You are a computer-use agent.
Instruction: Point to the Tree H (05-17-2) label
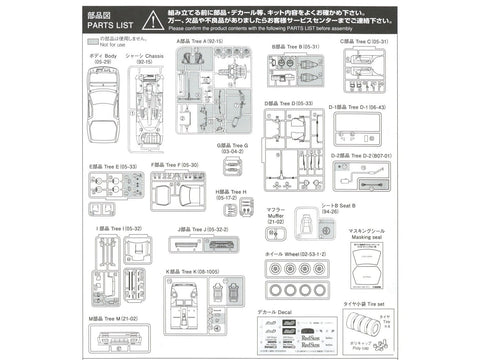point(232,193)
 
